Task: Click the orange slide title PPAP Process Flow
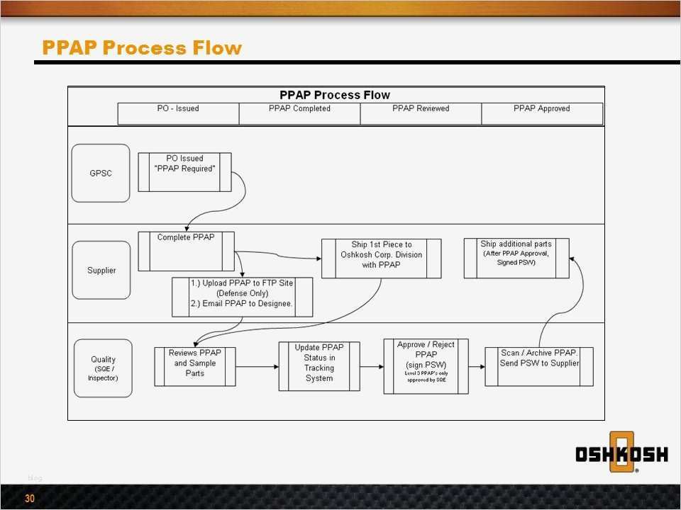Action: pyautogui.click(x=142, y=48)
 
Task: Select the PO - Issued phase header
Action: pyautogui.click(x=178, y=109)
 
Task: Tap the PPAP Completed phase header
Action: pyautogui.click(x=299, y=109)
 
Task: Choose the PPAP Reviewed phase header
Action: pyautogui.click(x=421, y=109)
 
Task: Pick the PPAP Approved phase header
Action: pyautogui.click(x=542, y=109)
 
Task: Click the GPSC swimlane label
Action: pyautogui.click(x=101, y=174)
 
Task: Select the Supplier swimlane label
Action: pyautogui.click(x=101, y=270)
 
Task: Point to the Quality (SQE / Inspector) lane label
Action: pyautogui.click(x=103, y=368)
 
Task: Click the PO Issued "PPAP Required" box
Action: pyautogui.click(x=184, y=172)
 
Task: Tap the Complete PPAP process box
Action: pyautogui.click(x=186, y=251)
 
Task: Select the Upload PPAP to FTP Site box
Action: pyautogui.click(x=242, y=297)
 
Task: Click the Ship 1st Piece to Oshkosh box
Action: pyautogui.click(x=381, y=258)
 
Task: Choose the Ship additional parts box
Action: pyautogui.click(x=516, y=258)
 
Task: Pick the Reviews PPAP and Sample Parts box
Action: pyautogui.click(x=195, y=366)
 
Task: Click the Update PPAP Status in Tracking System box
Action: pyautogui.click(x=319, y=366)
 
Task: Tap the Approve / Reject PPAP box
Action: pyautogui.click(x=426, y=366)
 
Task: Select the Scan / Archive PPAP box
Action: pyautogui.click(x=539, y=366)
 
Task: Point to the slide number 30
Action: pyautogui.click(x=30, y=499)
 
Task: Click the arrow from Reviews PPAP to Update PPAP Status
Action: pyautogui.click(x=257, y=366)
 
